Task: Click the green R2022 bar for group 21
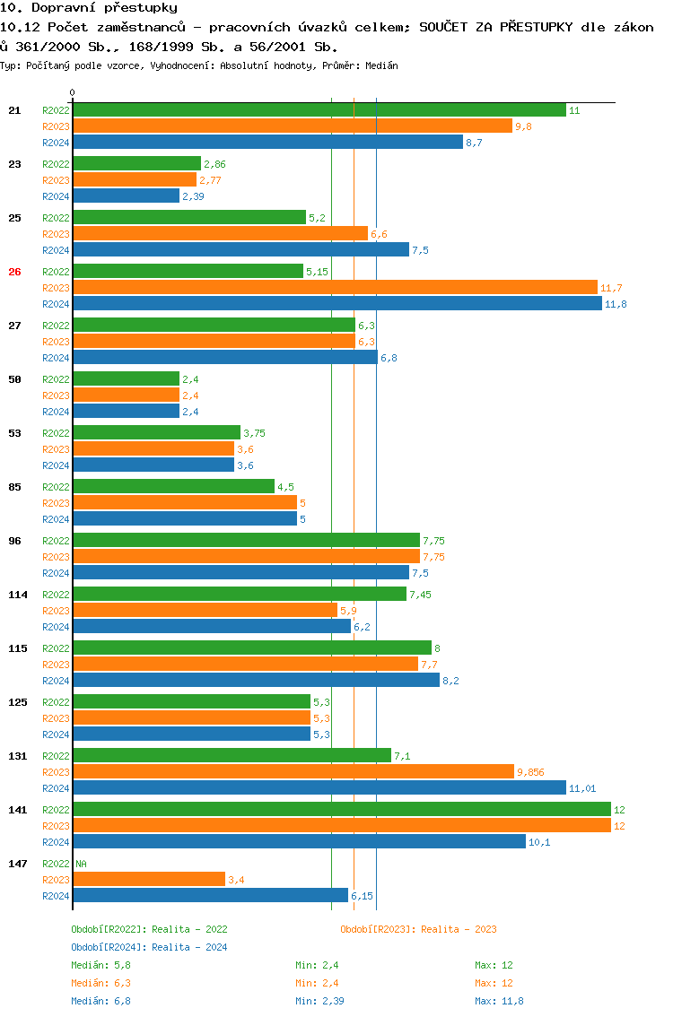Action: click(319, 110)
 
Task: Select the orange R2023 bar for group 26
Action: click(335, 288)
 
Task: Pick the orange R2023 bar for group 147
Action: click(148, 880)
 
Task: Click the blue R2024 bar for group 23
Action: click(126, 196)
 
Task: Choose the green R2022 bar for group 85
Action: click(173, 487)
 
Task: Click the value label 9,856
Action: click(530, 772)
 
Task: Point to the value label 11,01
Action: click(582, 788)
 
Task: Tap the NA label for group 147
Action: click(81, 864)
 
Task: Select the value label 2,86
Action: click(214, 164)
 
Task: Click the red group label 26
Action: click(14, 272)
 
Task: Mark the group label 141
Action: click(18, 810)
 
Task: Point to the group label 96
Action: click(14, 541)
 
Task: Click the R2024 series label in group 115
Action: click(56, 681)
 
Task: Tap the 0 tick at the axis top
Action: click(73, 92)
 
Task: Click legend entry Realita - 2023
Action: click(418, 929)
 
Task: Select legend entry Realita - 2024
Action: click(149, 947)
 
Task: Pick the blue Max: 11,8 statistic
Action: click(500, 1001)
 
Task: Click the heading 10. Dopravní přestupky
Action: click(89, 8)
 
